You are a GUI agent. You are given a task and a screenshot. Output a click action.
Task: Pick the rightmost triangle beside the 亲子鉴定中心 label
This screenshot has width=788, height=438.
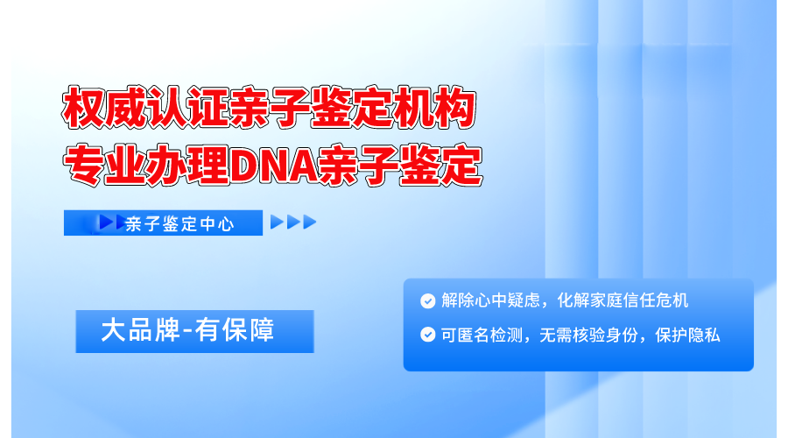pyautogui.click(x=309, y=223)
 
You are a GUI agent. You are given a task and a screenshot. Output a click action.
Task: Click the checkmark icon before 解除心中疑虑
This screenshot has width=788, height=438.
pyautogui.click(x=427, y=301)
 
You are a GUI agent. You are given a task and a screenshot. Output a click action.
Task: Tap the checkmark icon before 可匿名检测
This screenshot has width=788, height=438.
pyautogui.click(x=427, y=335)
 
